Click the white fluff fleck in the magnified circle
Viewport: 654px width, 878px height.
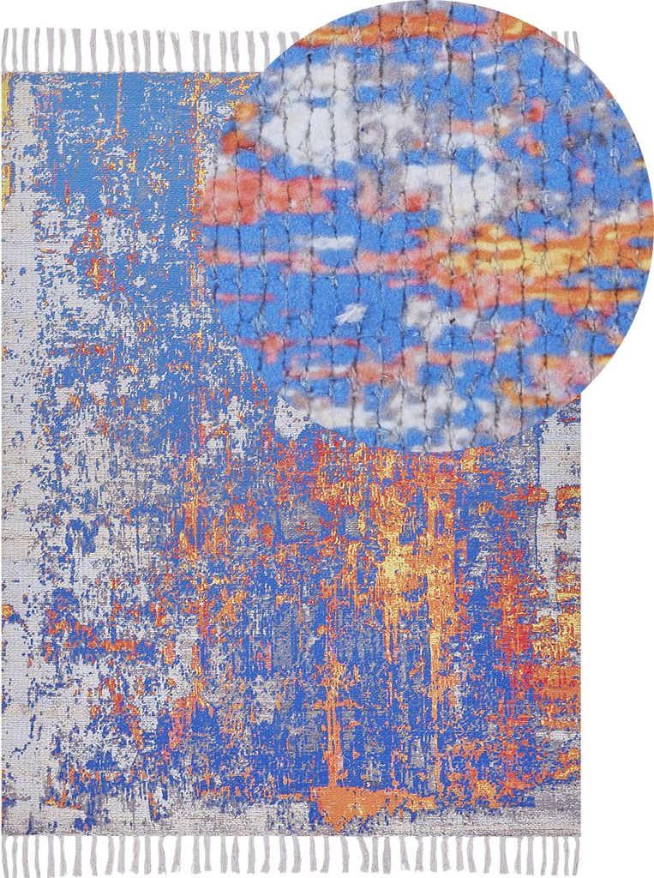pyautogui.click(x=351, y=314)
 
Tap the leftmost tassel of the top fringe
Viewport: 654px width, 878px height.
pyautogui.click(x=8, y=51)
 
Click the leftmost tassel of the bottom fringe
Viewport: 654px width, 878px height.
pyautogui.click(x=9, y=854)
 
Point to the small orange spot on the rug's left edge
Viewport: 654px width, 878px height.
pyautogui.click(x=7, y=611)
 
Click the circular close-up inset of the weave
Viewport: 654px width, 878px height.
pyautogui.click(x=429, y=223)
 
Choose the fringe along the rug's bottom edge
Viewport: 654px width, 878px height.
pyautogui.click(x=291, y=854)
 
